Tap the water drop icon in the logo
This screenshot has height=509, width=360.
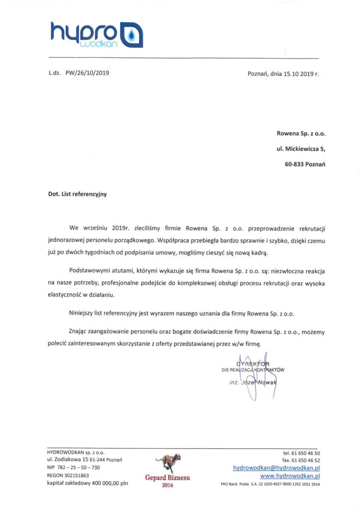132,34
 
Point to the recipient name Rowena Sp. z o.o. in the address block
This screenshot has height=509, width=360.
301,133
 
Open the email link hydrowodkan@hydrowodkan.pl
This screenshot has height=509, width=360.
276,468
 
